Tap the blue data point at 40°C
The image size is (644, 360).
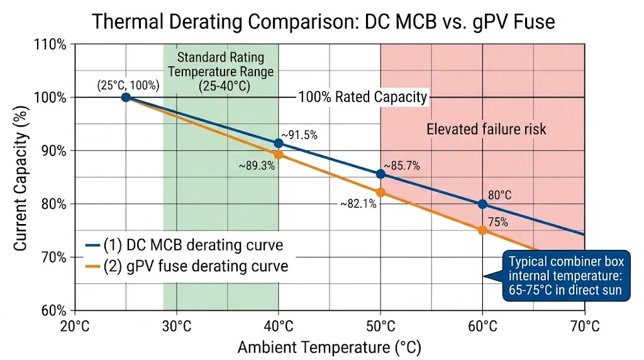pyautogui.click(x=279, y=143)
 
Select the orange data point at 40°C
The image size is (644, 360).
pyautogui.click(x=279, y=154)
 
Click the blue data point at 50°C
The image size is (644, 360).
pyautogui.click(x=380, y=174)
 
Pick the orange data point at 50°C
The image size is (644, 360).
pyautogui.click(x=380, y=193)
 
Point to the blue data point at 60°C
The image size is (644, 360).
pyautogui.click(x=482, y=204)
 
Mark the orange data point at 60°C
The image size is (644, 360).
pyautogui.click(x=482, y=230)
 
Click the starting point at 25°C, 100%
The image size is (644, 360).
pyautogui.click(x=126, y=97)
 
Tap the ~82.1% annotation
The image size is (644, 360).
pyautogui.click(x=359, y=204)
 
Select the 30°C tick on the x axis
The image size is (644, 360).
pyautogui.click(x=177, y=326)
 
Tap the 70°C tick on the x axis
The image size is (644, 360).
pyautogui.click(x=584, y=326)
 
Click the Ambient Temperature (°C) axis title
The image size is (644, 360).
pyautogui.click(x=329, y=347)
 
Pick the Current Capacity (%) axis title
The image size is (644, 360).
pyautogui.click(x=21, y=178)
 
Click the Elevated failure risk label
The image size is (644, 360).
pyautogui.click(x=486, y=129)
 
